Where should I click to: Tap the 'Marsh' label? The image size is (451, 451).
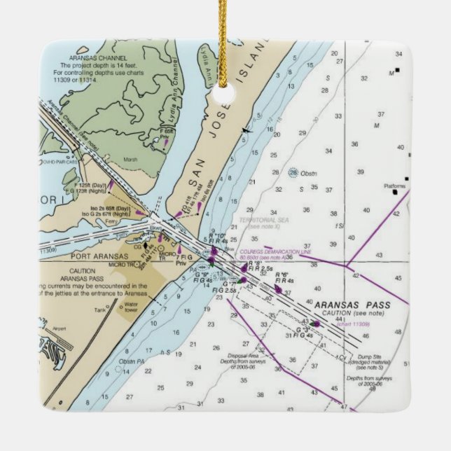[x=130, y=159]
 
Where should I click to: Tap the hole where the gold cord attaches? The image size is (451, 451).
[x=225, y=97]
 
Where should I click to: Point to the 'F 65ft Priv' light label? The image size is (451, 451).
[x=167, y=134]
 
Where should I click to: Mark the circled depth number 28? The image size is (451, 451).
[x=293, y=172]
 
